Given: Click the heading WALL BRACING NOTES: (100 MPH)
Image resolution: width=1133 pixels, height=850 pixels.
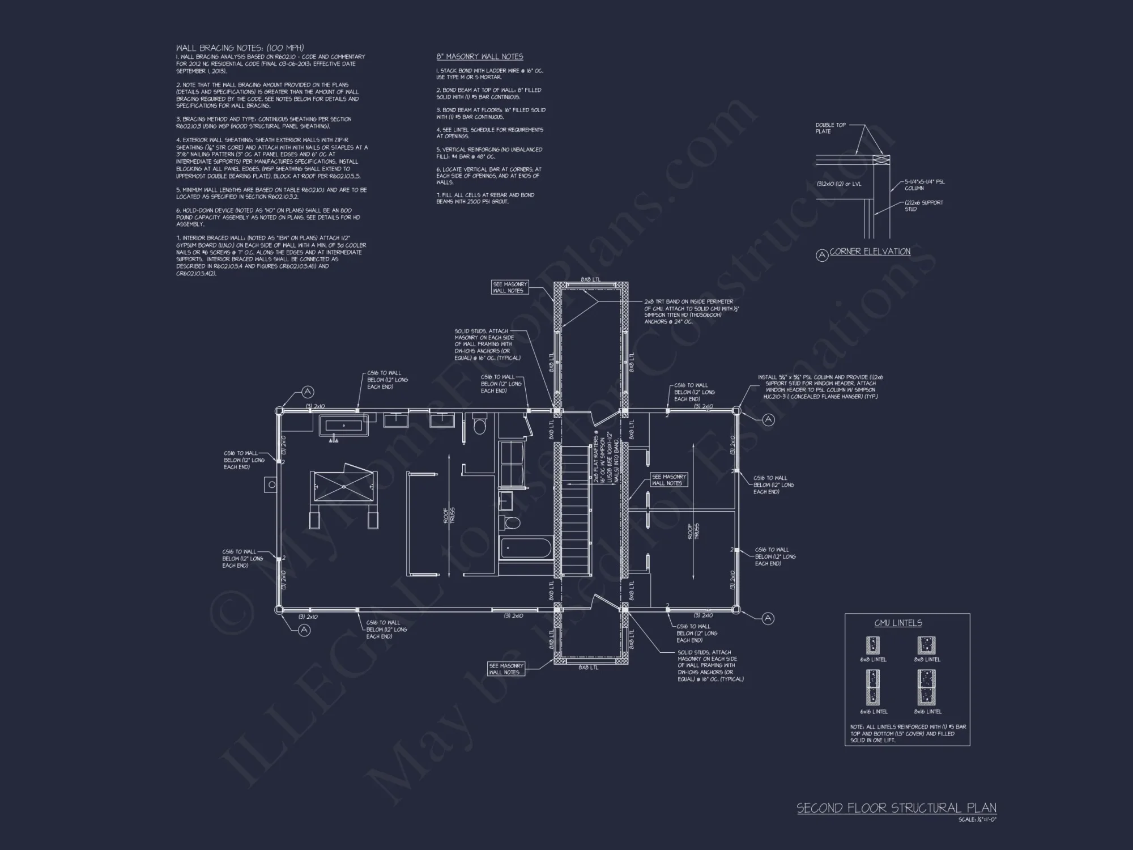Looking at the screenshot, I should click(x=240, y=48).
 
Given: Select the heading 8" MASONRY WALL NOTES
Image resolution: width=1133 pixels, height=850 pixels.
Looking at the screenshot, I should click(x=479, y=57).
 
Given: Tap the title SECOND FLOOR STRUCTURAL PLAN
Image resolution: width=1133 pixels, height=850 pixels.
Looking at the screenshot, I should click(x=896, y=808).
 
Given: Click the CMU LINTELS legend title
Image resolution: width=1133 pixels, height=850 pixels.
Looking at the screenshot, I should click(x=898, y=623).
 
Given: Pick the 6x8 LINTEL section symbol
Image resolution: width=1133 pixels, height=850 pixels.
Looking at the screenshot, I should click(x=873, y=645).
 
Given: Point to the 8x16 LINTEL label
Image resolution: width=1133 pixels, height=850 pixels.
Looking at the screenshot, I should click(x=927, y=712).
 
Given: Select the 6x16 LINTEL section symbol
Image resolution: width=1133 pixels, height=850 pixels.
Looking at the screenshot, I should click(x=873, y=687).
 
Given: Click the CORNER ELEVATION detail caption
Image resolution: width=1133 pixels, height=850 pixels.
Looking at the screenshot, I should click(x=870, y=252).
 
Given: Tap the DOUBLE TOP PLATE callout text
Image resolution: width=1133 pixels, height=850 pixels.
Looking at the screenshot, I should click(x=830, y=128).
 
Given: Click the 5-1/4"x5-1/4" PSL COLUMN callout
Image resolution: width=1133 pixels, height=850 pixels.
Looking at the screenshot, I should click(x=924, y=185).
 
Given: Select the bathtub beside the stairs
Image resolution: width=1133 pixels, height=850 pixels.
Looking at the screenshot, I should click(x=526, y=549).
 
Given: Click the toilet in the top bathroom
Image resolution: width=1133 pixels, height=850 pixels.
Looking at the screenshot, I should click(x=480, y=425).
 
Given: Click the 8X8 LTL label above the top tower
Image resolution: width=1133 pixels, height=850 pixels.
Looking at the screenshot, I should click(x=590, y=279).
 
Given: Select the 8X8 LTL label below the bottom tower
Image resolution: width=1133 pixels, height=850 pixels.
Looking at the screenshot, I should click(x=589, y=668).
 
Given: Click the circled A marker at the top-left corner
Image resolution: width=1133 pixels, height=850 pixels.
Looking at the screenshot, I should click(x=308, y=392).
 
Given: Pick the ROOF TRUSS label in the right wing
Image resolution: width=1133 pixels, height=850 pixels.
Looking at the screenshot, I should click(x=693, y=531).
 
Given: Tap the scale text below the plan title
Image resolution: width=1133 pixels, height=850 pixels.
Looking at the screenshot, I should click(x=977, y=819).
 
